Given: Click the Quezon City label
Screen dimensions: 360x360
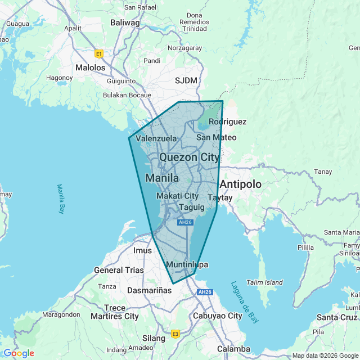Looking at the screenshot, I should pos(190,157).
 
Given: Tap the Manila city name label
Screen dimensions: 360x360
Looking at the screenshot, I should pos(162,178).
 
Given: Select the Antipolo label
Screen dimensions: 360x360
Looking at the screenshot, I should pos(241,184).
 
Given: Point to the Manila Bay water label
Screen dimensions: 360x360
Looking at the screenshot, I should pos(61,199).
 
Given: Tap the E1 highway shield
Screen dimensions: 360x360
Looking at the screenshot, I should pos(100,54).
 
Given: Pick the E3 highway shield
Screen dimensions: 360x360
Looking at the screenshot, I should pos(175,333).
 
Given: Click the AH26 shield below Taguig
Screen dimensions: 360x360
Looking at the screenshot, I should pos(185,222).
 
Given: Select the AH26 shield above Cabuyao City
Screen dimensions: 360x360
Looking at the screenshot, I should pos(205,292).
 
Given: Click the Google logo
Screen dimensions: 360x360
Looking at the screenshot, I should pos(19,353).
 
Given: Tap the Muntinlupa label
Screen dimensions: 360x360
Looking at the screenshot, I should pos(187,264).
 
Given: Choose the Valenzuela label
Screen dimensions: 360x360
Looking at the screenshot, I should pos(156,138).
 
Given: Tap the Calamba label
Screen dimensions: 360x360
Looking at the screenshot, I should pos(233,349).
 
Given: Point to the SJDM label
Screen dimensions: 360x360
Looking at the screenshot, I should pos(186,80).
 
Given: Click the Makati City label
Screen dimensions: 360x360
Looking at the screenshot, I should pos(177,196).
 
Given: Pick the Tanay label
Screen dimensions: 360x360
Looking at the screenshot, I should pos(323,172).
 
